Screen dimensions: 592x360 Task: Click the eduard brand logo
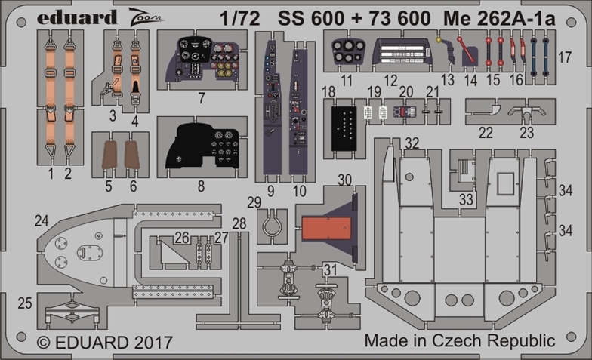[x=77, y=17]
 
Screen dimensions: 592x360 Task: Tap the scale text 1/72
[x=240, y=18]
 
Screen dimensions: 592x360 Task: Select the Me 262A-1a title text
[x=499, y=18]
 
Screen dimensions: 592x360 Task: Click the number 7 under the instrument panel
[x=202, y=98]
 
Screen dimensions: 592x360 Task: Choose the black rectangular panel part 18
[x=344, y=128]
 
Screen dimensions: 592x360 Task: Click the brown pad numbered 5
[x=109, y=155]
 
